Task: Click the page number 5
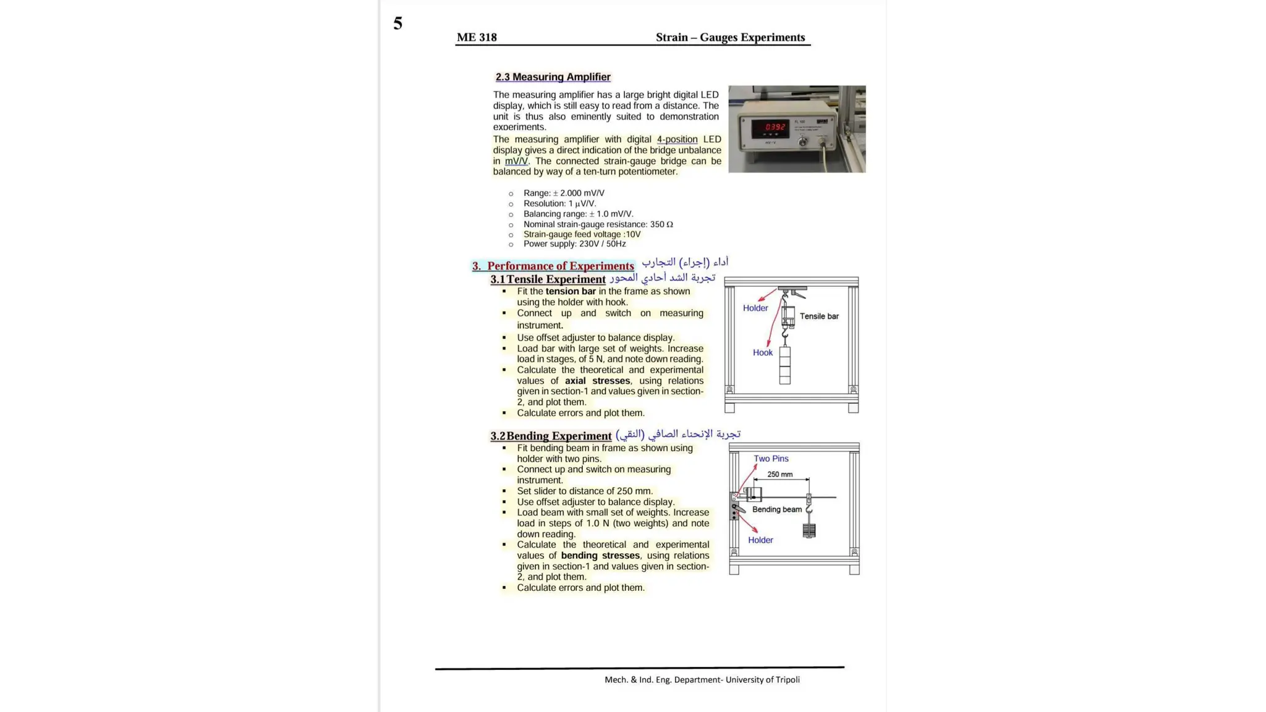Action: point(397,24)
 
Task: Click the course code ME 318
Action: point(477,38)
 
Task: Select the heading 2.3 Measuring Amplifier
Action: point(553,77)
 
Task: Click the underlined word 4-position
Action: point(677,140)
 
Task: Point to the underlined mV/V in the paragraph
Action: point(516,161)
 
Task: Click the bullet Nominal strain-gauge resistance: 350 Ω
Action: point(598,224)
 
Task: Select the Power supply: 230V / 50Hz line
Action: point(574,244)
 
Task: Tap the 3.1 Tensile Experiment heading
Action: point(548,279)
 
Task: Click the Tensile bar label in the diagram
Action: point(819,316)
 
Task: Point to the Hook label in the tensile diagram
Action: point(762,353)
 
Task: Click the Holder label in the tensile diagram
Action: point(755,308)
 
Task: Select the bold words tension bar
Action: point(570,292)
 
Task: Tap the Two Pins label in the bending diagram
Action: point(770,459)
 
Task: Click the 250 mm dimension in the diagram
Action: point(780,475)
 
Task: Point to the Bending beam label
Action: point(776,510)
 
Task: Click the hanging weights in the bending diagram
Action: point(809,530)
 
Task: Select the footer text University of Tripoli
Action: point(762,680)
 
